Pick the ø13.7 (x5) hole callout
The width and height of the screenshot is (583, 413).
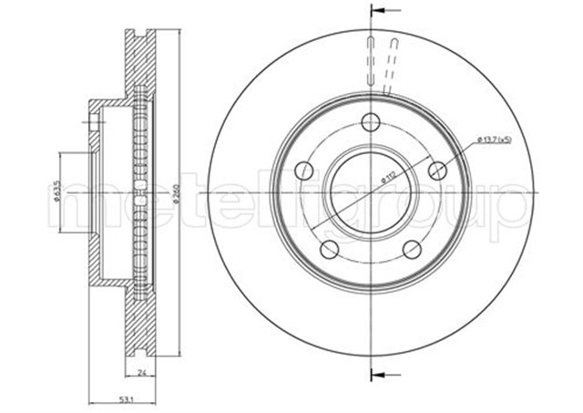click(x=493, y=139)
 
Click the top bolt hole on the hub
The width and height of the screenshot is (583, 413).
click(x=369, y=122)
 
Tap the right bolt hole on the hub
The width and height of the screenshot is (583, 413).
click(x=436, y=170)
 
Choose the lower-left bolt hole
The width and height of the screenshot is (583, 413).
click(x=329, y=248)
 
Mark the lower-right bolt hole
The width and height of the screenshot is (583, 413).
click(x=412, y=248)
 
